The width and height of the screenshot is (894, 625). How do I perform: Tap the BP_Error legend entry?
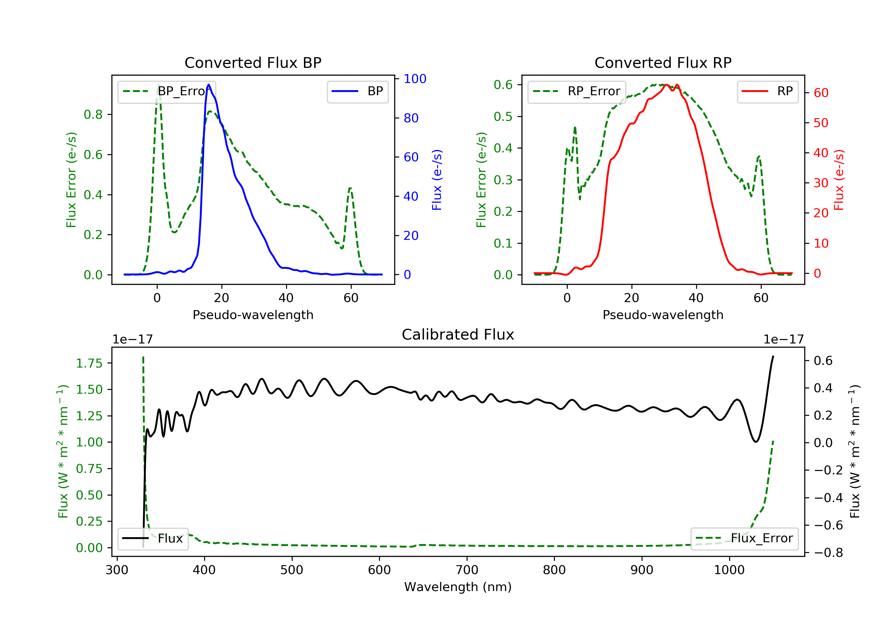coord(167,91)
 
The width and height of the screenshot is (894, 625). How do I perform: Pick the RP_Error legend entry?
coord(577,91)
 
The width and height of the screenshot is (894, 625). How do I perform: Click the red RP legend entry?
coord(767,91)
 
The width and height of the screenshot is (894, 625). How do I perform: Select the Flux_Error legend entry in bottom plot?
coord(744,538)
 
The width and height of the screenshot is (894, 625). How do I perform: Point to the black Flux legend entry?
coord(153,538)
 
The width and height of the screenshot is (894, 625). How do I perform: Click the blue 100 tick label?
coord(415,79)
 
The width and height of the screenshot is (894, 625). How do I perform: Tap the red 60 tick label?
coord(821,93)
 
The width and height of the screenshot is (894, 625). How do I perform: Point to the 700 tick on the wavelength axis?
coord(466,570)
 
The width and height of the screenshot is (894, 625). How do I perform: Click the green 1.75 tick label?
coord(89,363)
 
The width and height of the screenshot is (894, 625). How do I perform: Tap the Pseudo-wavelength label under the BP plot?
coord(253,315)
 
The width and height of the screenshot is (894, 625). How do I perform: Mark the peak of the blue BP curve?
coord(209,85)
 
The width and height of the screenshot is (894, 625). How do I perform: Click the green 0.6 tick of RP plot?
coord(503,85)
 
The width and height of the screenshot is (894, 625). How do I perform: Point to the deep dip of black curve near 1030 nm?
coord(756,441)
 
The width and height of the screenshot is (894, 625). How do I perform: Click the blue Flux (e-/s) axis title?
coord(437,180)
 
